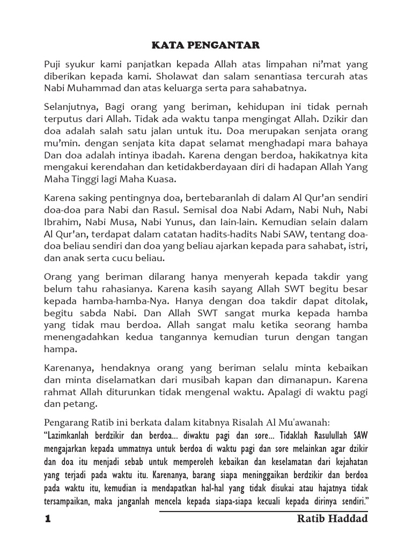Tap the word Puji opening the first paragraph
coord(53,64)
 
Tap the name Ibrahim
coord(61,222)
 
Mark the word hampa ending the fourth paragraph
coord(58,348)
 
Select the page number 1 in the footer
coord(47,519)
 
